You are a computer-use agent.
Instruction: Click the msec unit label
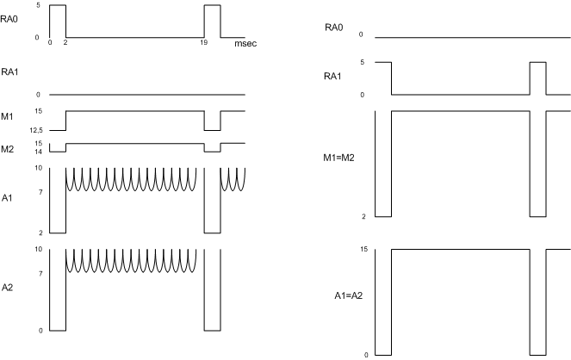tap(245, 42)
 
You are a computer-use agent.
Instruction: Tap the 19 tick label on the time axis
tap(204, 42)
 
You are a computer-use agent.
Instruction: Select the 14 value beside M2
tap(39, 151)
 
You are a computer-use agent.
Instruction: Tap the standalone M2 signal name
tap(7, 146)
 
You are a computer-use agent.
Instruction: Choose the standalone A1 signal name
tap(7, 197)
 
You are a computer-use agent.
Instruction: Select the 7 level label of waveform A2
tap(40, 272)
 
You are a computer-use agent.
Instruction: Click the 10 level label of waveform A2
tap(39, 250)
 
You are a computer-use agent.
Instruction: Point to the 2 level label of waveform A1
tap(40, 233)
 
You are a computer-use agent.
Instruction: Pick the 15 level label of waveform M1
tap(39, 111)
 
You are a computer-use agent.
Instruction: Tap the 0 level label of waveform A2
tap(40, 330)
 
